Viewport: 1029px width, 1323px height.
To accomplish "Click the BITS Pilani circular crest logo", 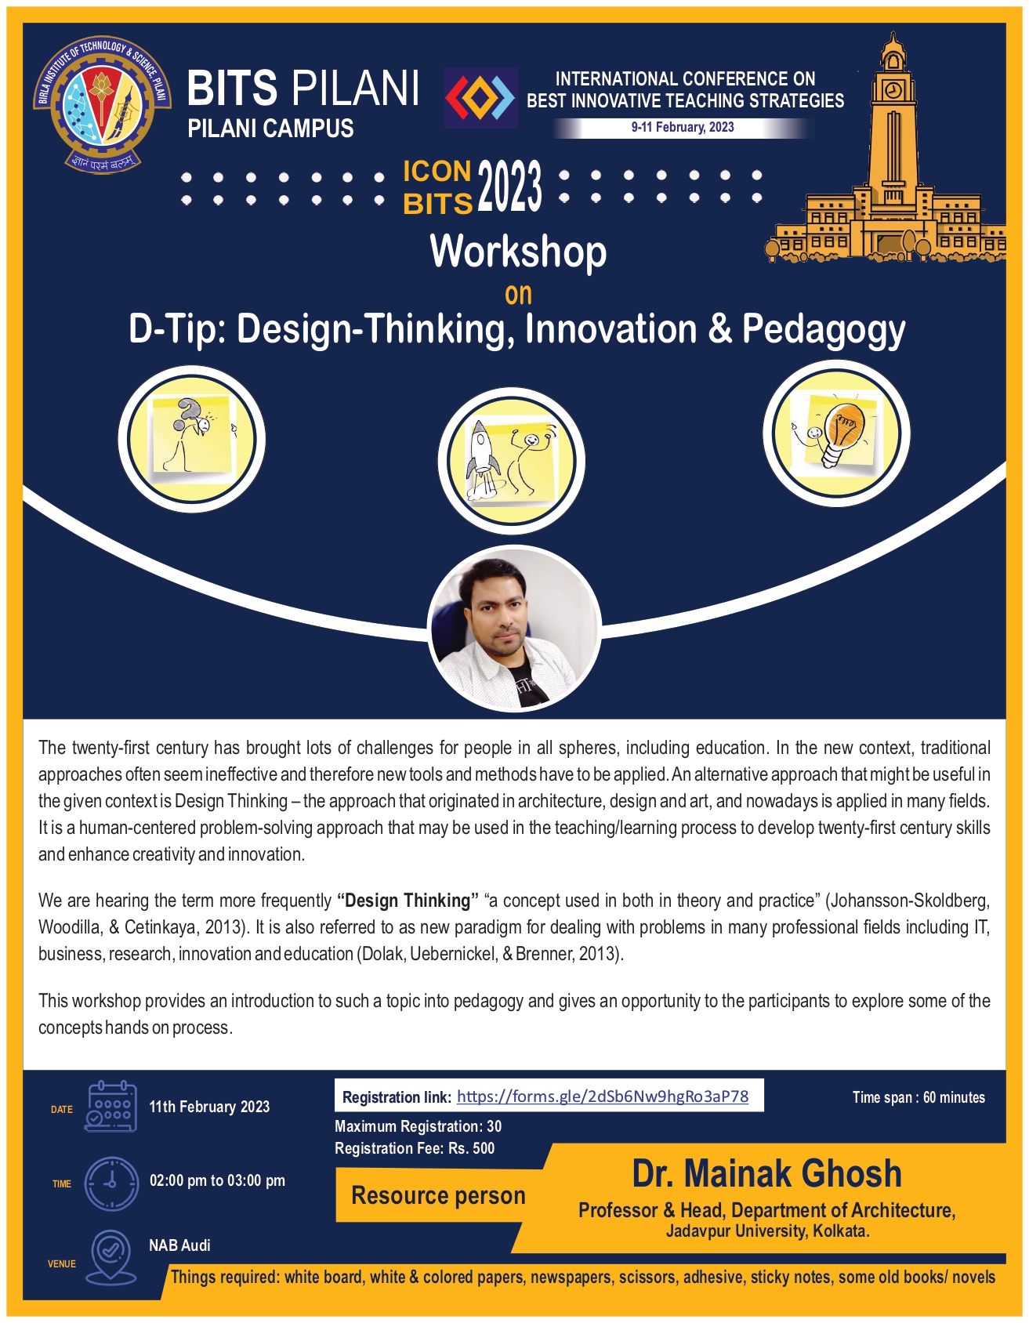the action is pos(102,104).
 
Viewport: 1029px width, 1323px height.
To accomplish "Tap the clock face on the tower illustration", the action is pos(893,89).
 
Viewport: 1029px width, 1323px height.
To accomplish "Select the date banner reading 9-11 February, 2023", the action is pos(683,128).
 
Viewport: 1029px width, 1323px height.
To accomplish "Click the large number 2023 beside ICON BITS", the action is pos(509,187).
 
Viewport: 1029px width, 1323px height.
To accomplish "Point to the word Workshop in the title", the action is pos(518,252).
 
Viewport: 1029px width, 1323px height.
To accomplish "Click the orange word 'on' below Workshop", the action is pos(518,295).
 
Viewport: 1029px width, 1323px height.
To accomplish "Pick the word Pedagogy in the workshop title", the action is pos(824,330).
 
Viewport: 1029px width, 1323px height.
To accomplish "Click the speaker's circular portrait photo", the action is pos(514,629).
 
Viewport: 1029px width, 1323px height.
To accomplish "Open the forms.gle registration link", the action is pos(602,1096).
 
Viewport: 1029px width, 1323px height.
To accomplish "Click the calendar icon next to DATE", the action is pos(111,1106).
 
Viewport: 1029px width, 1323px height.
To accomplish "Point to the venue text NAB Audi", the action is pos(179,1245).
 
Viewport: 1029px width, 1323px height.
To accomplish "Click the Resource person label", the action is pos(439,1195).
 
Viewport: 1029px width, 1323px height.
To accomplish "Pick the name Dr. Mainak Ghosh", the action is pos(767,1173).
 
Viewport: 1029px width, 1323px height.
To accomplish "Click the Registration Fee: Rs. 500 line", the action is pos(415,1148).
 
